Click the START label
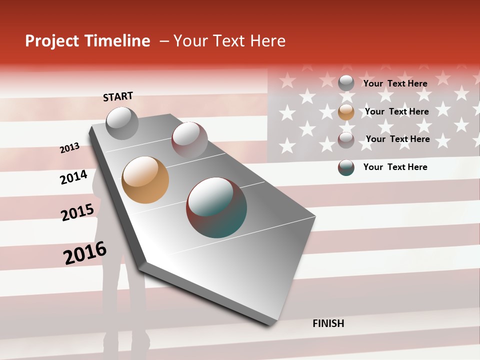[118, 96]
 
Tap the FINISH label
[328, 323]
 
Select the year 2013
[69, 148]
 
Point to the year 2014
[73, 177]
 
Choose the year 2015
[77, 212]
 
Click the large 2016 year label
[85, 253]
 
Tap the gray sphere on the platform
[122, 123]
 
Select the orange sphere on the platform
[145, 180]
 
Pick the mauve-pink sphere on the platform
[189, 140]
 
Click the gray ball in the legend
[346, 83]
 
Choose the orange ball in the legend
[346, 112]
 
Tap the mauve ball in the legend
[346, 140]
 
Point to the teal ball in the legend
[346, 167]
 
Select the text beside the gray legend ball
[395, 83]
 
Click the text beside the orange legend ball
[396, 111]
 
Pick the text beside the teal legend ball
[395, 167]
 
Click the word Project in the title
[52, 41]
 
